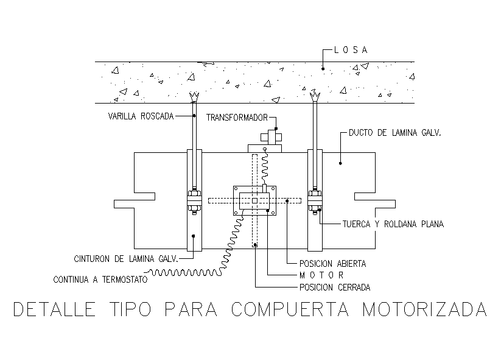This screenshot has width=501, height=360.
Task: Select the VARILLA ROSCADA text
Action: pyautogui.click(x=141, y=116)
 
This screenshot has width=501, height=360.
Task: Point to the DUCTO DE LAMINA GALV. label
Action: pyautogui.click(x=395, y=132)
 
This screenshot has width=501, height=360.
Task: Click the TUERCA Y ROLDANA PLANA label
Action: pyautogui.click(x=392, y=224)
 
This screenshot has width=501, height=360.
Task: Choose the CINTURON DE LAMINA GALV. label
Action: pyautogui.click(x=125, y=258)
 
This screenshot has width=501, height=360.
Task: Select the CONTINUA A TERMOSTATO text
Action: pyautogui.click(x=100, y=280)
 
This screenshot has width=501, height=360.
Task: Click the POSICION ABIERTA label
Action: pyautogui.click(x=332, y=264)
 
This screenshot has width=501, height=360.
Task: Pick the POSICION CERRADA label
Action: pyautogui.click(x=334, y=287)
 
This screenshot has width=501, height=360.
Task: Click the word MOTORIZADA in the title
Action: pyautogui.click(x=424, y=309)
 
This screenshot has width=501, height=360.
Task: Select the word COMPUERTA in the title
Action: pyautogui.click(x=290, y=309)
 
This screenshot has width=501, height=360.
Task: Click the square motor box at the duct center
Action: pyautogui.click(x=254, y=200)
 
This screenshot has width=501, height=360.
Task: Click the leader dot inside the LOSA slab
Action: pyautogui.click(x=323, y=68)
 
